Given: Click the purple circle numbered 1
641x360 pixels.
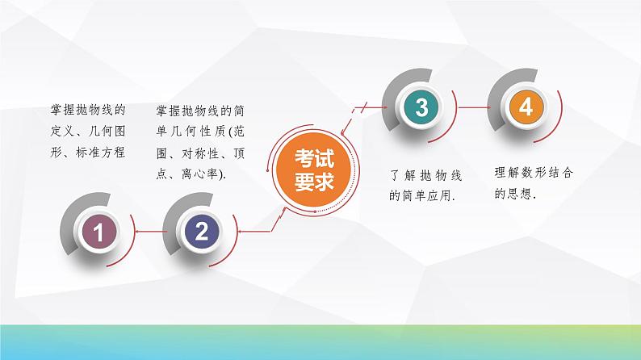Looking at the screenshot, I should pyautogui.click(x=98, y=234).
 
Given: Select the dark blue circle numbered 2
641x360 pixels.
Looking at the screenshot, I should pyautogui.click(x=202, y=233).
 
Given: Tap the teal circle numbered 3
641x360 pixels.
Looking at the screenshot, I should pyautogui.click(x=420, y=107).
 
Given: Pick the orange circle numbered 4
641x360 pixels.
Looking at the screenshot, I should pyautogui.click(x=526, y=107).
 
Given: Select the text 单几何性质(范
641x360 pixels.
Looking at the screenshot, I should pyautogui.click(x=199, y=131).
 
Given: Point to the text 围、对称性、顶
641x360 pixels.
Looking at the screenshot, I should pyautogui.click(x=199, y=153).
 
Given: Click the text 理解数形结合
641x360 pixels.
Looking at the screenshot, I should pyautogui.click(x=534, y=173).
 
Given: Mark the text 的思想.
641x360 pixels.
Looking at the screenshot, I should pyautogui.click(x=517, y=195).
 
